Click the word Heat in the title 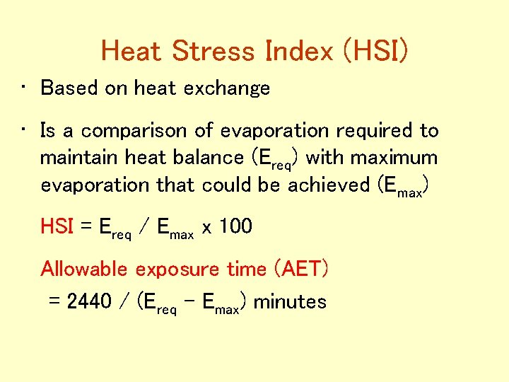[133, 51]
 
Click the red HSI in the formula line [57, 226]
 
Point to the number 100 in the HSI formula [235, 226]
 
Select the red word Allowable [86, 269]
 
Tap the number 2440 [89, 302]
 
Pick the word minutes [290, 302]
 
